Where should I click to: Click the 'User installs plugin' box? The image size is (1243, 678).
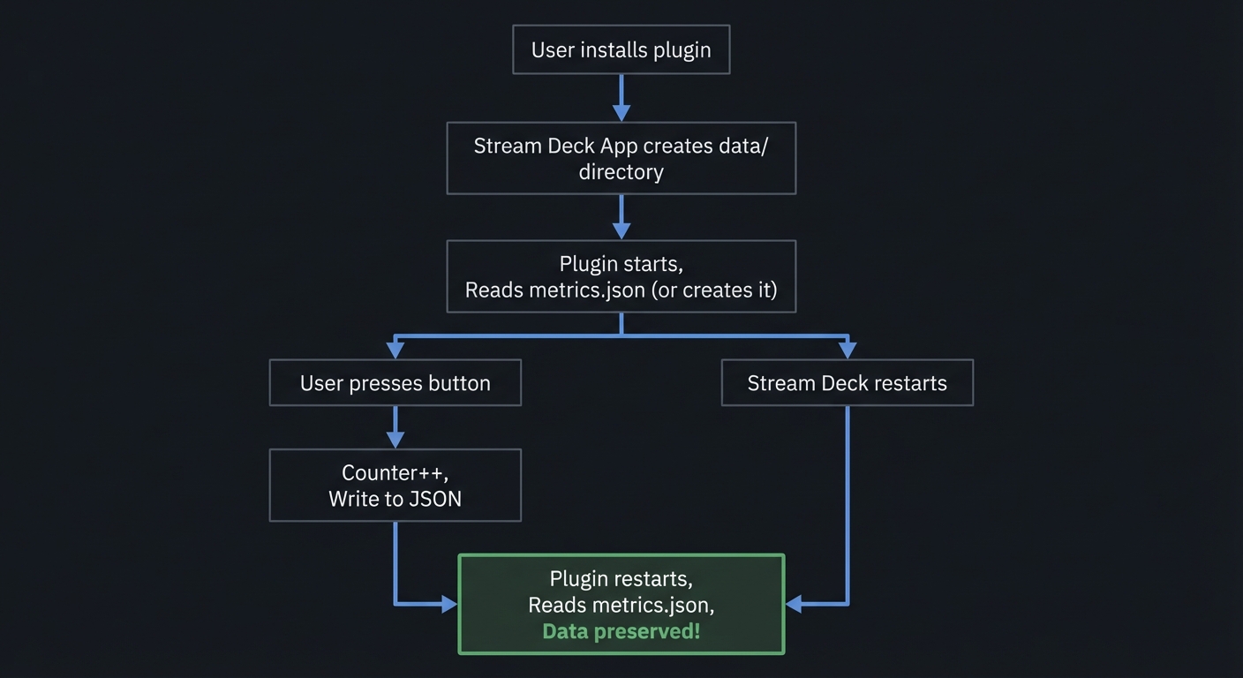(x=621, y=49)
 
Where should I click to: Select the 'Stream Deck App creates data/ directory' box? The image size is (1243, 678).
(x=621, y=158)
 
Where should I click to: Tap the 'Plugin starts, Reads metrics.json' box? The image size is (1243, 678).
(x=621, y=276)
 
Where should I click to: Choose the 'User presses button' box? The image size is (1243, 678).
(x=395, y=382)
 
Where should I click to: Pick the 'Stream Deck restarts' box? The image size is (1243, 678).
(x=847, y=382)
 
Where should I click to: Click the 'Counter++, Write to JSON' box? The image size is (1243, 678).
(x=395, y=485)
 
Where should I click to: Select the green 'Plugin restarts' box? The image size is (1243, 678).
(x=621, y=604)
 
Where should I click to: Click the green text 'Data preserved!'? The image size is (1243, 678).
(x=621, y=631)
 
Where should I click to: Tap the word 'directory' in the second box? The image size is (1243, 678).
(x=621, y=171)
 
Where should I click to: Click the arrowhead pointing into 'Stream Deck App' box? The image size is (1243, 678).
(x=621, y=112)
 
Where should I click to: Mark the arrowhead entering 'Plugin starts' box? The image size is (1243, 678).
(x=621, y=230)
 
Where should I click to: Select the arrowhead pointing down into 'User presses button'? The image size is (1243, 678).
(x=395, y=350)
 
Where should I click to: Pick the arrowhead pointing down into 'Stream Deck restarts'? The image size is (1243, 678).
(x=847, y=350)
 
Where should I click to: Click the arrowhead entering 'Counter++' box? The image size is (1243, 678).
(x=395, y=439)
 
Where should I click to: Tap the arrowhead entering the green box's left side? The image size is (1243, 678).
(x=448, y=604)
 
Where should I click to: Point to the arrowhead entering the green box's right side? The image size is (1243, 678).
(x=794, y=604)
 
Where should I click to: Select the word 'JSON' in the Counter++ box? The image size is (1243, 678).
(x=435, y=499)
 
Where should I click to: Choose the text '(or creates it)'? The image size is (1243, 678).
(x=713, y=290)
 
